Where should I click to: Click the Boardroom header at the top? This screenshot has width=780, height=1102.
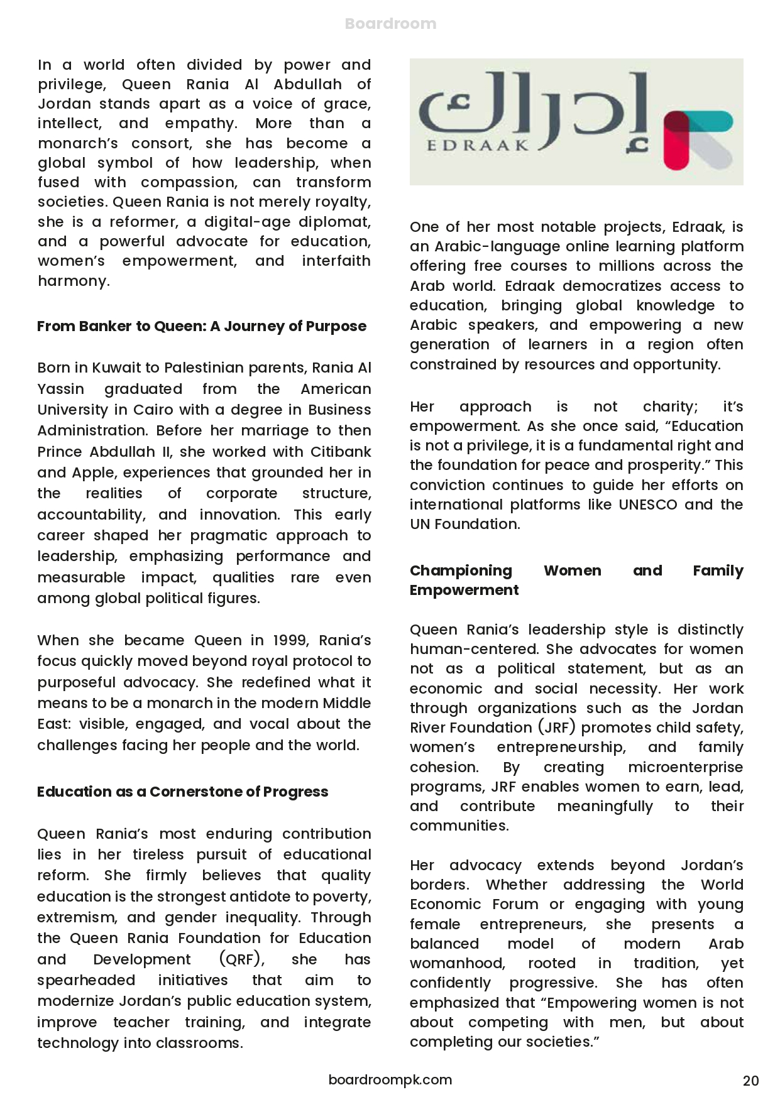tap(390, 24)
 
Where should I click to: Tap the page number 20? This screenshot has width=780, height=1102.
tap(750, 1081)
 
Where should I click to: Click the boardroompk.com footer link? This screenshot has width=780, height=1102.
tap(390, 1079)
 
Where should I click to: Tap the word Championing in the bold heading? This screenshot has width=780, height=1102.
tap(461, 570)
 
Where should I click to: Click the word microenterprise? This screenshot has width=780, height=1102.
tap(685, 767)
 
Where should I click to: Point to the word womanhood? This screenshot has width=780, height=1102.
tap(457, 963)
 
